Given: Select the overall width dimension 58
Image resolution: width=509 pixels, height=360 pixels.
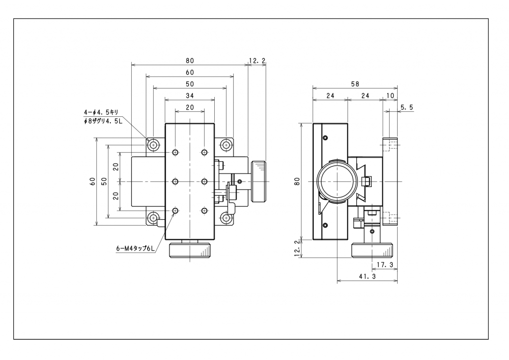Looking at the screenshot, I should click(354, 84).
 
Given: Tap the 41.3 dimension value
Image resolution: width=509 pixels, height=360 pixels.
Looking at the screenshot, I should click(367, 276).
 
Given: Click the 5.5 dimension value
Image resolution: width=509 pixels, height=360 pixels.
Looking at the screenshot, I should click(407, 107).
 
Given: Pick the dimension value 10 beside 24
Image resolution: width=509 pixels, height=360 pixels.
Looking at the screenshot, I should click(390, 95).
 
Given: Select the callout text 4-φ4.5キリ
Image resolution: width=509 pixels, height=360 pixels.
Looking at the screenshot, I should click(101, 112).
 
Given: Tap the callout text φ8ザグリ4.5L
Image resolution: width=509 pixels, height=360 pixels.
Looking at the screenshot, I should click(103, 121).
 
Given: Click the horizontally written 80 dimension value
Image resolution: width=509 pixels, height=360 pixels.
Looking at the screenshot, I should click(189, 61).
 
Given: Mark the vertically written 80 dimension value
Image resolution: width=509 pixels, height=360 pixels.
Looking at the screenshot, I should click(297, 181).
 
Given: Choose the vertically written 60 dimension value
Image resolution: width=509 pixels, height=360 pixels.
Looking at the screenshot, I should click(92, 181).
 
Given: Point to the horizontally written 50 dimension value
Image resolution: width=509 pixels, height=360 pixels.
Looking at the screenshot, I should click(189, 84).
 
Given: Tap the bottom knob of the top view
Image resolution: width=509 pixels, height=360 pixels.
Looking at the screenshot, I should click(189, 251).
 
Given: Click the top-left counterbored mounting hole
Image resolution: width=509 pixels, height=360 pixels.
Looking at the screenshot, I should click(154, 145).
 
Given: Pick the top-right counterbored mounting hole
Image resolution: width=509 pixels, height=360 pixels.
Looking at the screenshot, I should click(226, 145).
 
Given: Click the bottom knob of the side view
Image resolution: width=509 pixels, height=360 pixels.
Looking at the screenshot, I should click(374, 251).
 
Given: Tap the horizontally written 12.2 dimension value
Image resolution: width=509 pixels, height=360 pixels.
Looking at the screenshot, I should click(257, 61).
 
